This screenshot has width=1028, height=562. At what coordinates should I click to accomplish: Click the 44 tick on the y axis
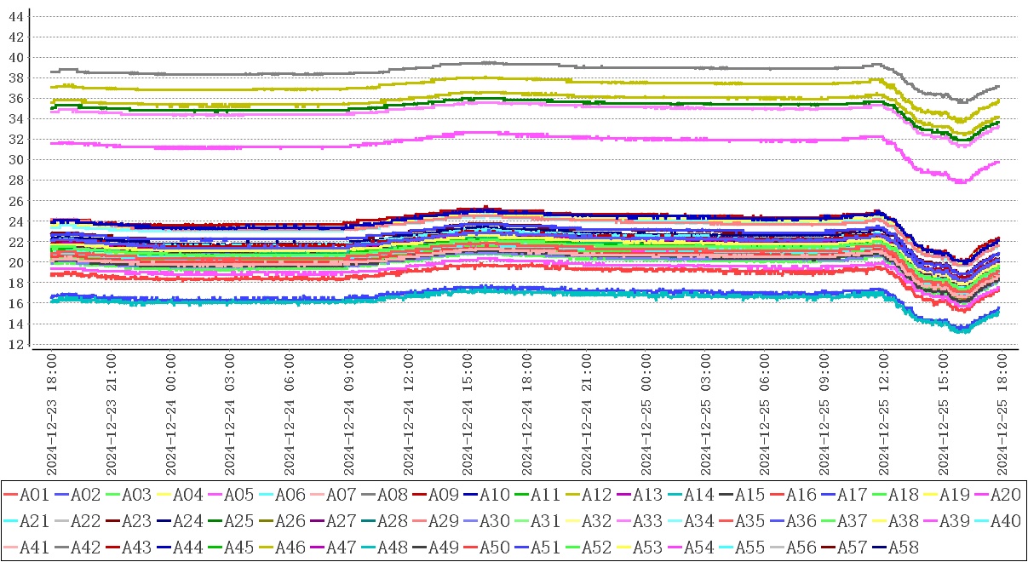[x=16, y=16]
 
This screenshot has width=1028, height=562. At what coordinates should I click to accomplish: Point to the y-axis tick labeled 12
[x=16, y=344]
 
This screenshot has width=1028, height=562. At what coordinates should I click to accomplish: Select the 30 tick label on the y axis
[x=16, y=160]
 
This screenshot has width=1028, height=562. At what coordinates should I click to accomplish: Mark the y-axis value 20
[x=16, y=262]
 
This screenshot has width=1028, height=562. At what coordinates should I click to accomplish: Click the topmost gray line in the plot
[x=256, y=73]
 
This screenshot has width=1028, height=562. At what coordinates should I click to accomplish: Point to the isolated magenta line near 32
[x=256, y=147]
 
